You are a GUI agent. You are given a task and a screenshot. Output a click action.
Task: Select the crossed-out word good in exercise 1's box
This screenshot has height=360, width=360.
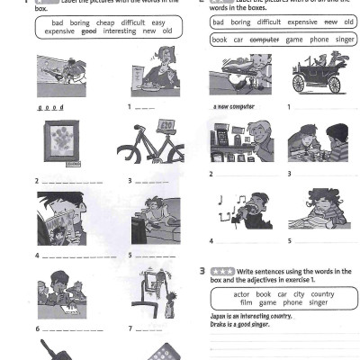point(88,30)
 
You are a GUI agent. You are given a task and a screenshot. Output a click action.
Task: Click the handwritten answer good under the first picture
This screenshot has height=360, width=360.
point(49,106)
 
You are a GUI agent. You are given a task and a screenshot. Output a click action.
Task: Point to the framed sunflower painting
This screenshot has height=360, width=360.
point(61,143)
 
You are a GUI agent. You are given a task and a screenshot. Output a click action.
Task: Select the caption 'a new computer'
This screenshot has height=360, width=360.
point(234,106)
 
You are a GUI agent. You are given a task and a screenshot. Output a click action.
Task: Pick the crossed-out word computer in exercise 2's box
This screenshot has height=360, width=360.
point(265,40)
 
